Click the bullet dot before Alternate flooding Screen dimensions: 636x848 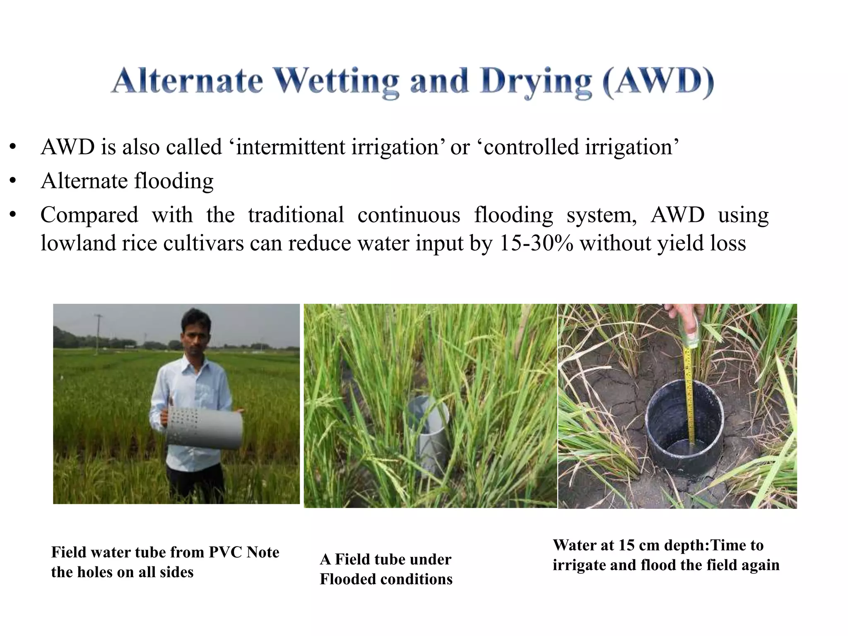[x=13, y=181]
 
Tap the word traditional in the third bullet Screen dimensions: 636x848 [x=296, y=215]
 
